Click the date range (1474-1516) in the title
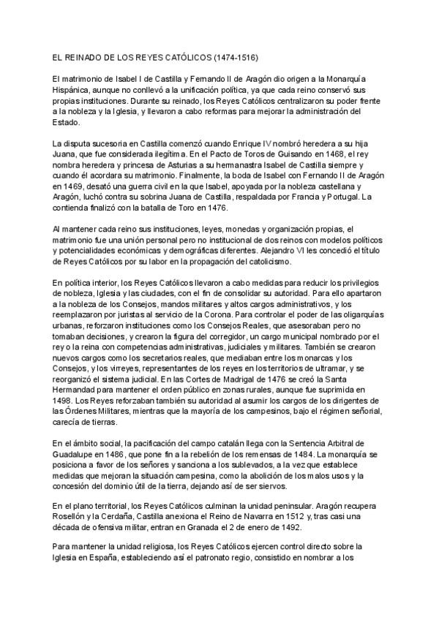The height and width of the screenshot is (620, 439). pos(236,56)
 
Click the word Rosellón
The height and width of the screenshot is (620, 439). pos(55,516)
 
